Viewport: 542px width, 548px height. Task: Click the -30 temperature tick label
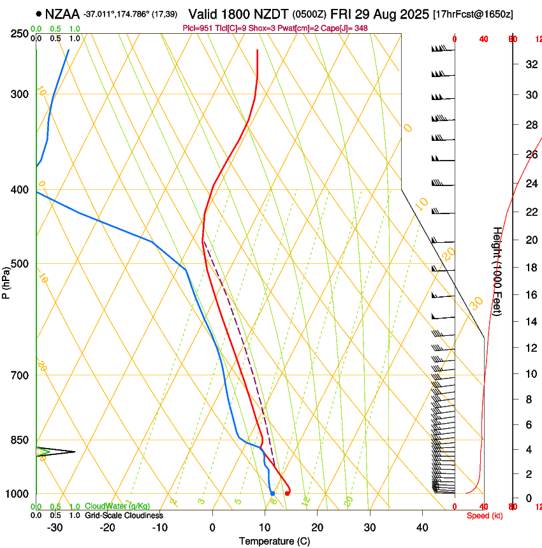(55, 528)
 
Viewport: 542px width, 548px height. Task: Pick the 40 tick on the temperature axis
(421, 528)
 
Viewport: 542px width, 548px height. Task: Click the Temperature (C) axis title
(274, 542)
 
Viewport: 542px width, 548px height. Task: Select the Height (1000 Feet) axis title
(498, 280)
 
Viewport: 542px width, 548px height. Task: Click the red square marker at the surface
(288, 493)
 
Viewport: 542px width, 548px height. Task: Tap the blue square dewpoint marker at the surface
(272, 493)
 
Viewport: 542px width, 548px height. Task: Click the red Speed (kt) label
(485, 516)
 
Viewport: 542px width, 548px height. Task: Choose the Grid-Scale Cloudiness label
(124, 516)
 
